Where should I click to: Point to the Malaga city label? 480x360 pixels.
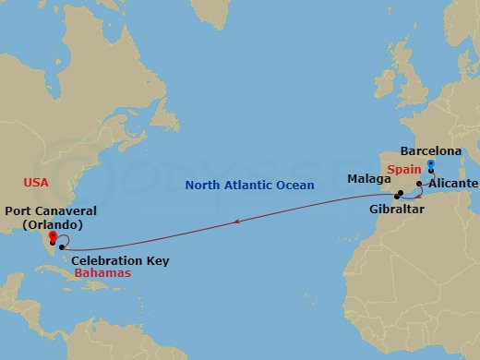(x=368, y=178)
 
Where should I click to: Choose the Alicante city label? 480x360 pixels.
(x=453, y=184)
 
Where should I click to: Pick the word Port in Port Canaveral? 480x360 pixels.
(x=18, y=211)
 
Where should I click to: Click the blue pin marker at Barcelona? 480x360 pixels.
(x=431, y=164)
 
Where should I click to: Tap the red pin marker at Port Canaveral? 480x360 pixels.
(x=53, y=235)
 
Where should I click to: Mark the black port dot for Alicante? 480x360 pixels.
(x=420, y=185)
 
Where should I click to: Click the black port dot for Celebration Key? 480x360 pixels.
(x=61, y=247)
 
